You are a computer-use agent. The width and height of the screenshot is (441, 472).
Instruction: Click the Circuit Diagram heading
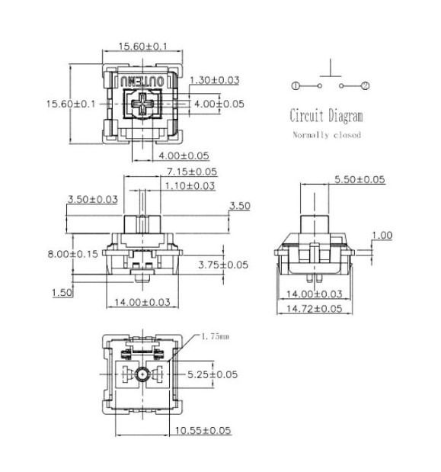point(326,117)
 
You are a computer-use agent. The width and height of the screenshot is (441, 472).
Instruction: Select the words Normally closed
point(327,135)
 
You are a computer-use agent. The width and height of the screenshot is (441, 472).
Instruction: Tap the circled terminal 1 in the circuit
point(296,86)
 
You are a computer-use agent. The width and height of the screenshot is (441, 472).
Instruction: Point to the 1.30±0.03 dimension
point(215,80)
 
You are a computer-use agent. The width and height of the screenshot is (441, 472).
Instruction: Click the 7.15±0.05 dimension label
point(192,172)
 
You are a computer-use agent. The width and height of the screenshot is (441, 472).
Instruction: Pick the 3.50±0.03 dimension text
point(93,199)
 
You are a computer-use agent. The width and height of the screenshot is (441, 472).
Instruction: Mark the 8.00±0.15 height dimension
point(72,255)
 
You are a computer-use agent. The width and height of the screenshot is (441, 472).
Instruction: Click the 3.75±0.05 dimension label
point(223,265)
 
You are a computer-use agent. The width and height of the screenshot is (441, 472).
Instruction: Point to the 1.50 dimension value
point(62,292)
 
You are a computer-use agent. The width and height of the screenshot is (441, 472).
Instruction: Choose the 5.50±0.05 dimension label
point(360,180)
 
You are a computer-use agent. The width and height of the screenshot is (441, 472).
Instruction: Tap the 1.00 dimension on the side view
point(382,236)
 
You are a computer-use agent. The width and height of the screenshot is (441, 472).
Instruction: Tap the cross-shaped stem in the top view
point(142,105)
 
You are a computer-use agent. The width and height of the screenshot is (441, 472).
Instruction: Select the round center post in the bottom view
point(142,374)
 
